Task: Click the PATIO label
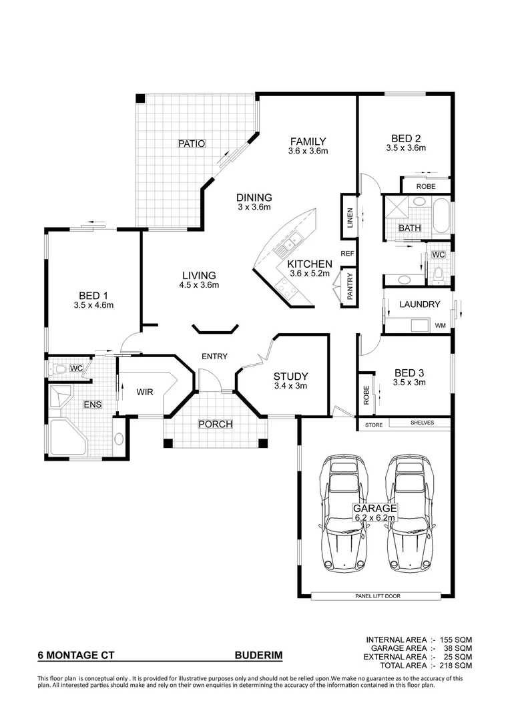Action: (191, 143)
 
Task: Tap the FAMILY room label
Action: (308, 141)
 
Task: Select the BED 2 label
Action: (405, 139)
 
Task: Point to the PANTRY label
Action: (350, 286)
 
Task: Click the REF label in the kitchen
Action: (347, 254)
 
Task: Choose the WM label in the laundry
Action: (440, 325)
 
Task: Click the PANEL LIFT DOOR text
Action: (378, 596)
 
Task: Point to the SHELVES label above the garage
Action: (421, 423)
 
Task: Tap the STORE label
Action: (373, 423)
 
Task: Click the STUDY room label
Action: (290, 377)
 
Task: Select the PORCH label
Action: (215, 425)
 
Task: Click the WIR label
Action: (145, 392)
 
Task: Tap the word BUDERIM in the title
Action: (258, 656)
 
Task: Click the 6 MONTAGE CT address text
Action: (75, 656)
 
